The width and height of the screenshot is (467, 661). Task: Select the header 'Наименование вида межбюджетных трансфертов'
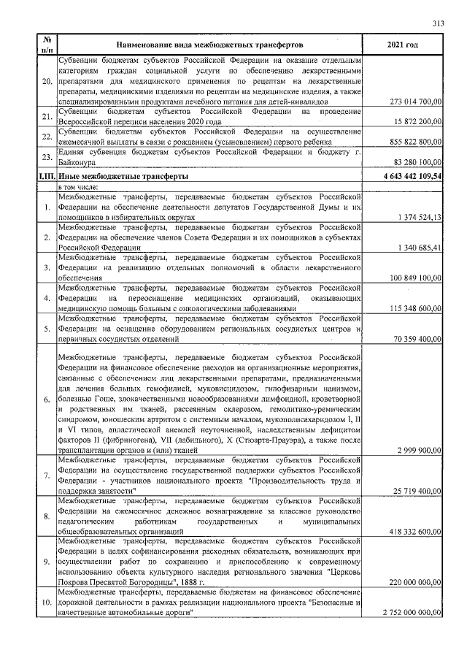(211, 45)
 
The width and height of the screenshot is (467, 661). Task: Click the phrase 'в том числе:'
(80, 187)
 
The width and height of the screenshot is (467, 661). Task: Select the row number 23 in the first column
(47, 156)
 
